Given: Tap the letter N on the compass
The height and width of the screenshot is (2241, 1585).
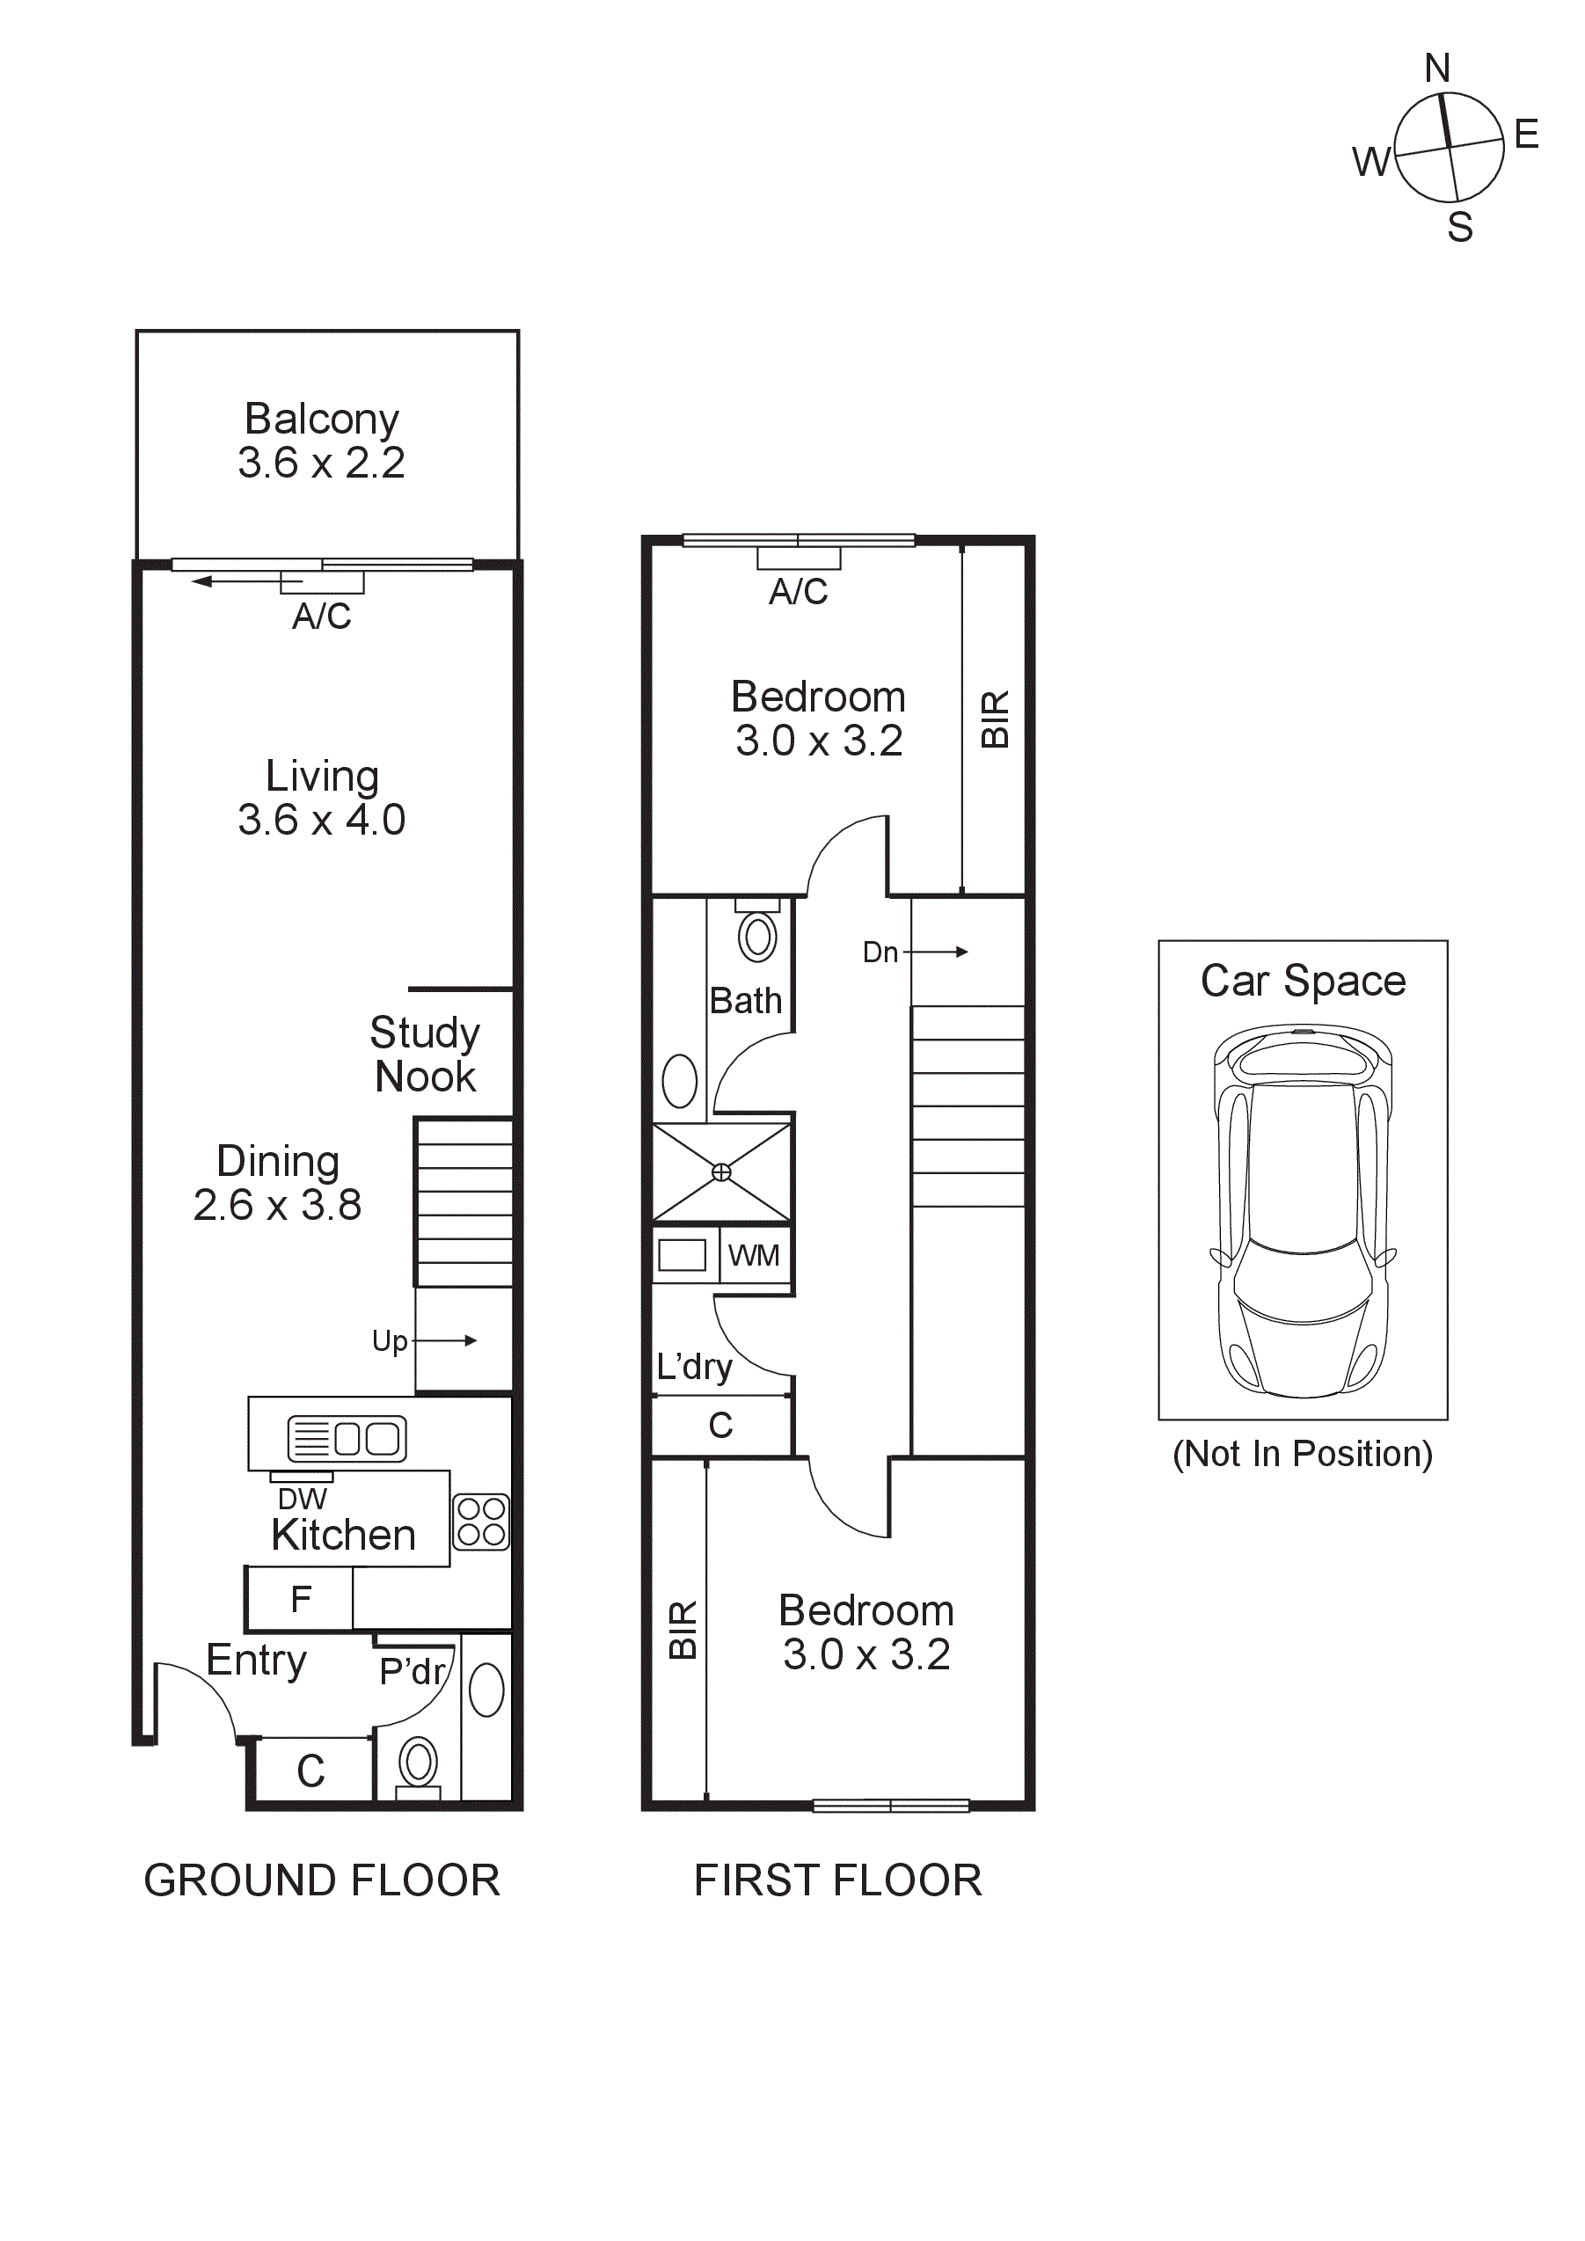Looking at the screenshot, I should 1436,69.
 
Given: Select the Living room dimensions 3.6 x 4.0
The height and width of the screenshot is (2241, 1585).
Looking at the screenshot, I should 321,820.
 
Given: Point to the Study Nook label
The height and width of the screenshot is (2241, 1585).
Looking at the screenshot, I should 425,1055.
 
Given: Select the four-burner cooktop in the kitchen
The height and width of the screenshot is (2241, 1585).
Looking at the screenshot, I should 481,1522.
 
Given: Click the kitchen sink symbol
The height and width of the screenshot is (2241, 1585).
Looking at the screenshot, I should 347,1439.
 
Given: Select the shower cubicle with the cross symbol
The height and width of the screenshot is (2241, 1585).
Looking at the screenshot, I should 721,1172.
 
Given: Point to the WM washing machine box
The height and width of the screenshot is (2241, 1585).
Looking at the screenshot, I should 754,1255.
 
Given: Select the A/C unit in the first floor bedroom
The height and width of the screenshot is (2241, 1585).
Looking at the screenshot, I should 799,558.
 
